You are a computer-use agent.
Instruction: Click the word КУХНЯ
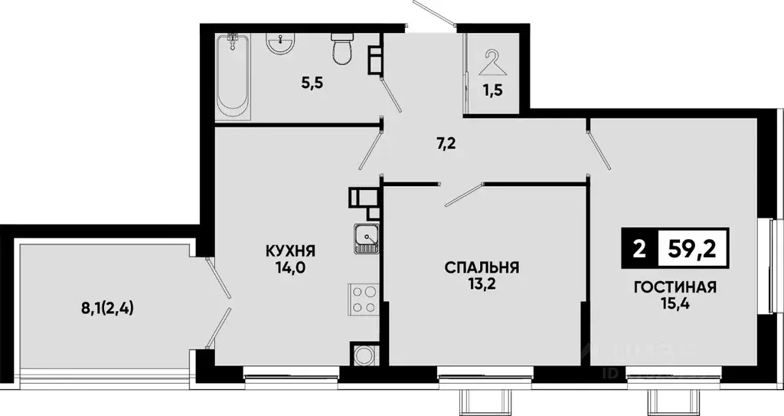pos(291,251)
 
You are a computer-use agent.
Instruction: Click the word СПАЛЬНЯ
pos(482,267)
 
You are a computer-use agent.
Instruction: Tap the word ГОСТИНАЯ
pos(675,288)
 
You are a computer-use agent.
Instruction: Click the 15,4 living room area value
pos(675,306)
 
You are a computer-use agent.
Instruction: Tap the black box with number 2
pos(639,248)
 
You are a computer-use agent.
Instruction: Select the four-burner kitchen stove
pos(365,298)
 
